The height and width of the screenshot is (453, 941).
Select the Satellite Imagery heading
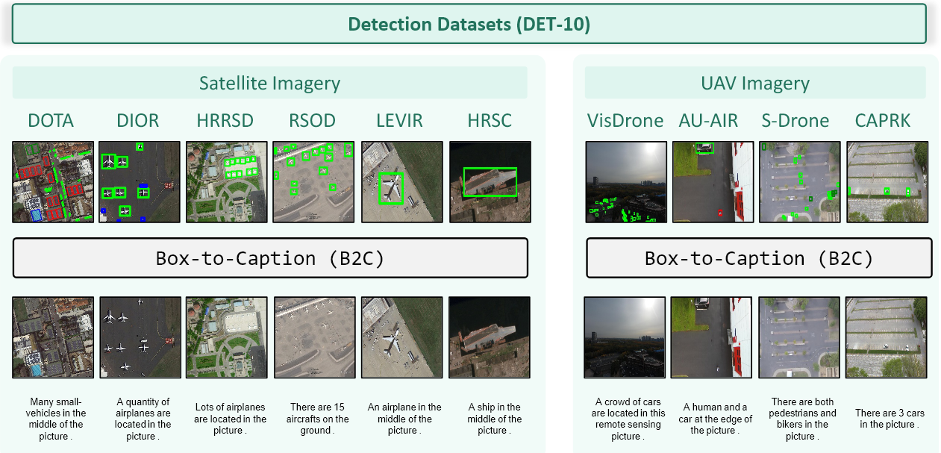click(269, 84)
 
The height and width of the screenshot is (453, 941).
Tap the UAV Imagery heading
click(755, 84)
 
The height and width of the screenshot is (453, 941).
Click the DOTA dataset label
click(51, 120)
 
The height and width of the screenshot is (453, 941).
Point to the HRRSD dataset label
click(225, 120)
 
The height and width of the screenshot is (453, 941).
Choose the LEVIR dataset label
click(400, 120)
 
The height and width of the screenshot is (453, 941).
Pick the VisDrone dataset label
click(625, 120)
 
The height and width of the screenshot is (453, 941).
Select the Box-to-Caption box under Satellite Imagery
click(269, 258)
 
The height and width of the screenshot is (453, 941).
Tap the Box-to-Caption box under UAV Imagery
click(759, 258)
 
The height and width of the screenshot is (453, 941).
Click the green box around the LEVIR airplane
click(391, 188)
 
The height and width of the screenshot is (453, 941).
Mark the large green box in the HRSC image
click(490, 181)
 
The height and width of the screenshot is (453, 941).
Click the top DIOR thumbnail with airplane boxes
click(140, 181)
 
